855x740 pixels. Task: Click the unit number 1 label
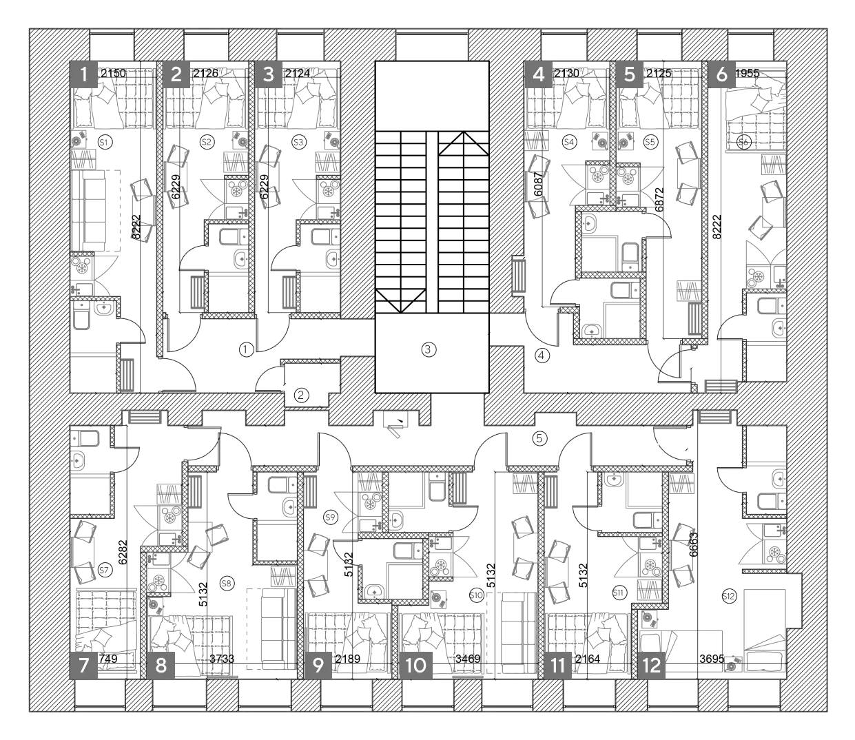tap(84, 74)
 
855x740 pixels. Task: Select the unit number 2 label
tap(176, 74)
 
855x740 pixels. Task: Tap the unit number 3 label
tap(269, 74)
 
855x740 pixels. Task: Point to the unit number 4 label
tap(539, 74)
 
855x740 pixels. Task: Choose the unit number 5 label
tap(630, 74)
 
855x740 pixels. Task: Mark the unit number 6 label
tap(722, 74)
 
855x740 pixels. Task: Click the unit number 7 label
tap(84, 666)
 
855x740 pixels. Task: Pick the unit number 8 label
tap(161, 666)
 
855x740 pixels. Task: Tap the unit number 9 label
tap(318, 666)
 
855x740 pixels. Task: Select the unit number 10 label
tap(416, 666)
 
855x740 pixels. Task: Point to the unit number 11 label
tap(558, 666)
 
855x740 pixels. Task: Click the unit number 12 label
tap(652, 666)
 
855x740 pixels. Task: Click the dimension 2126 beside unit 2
tap(206, 73)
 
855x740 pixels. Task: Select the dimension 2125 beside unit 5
tap(658, 73)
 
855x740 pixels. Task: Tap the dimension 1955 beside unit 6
tap(748, 73)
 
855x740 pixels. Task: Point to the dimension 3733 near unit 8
tap(221, 659)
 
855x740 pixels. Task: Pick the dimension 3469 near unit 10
tap(468, 659)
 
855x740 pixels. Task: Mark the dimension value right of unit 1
tap(113, 73)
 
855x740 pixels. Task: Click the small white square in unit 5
tap(626, 112)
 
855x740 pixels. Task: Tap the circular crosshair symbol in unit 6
tap(743, 142)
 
